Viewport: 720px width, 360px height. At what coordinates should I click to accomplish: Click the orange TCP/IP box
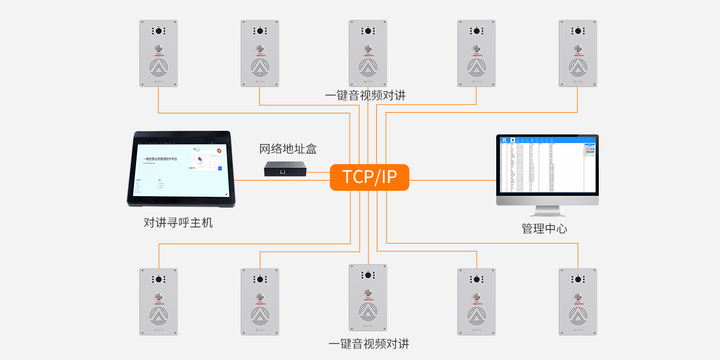pyautogui.click(x=369, y=178)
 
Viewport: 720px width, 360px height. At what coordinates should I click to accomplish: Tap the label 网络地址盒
pyautogui.click(x=287, y=149)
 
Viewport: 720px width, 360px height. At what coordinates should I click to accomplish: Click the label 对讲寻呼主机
pyautogui.click(x=178, y=223)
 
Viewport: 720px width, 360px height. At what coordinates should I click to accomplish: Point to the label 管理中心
pyautogui.click(x=544, y=229)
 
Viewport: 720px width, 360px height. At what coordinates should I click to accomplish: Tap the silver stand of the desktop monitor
pyautogui.click(x=547, y=211)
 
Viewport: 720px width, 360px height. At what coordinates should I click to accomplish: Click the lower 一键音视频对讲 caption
pyautogui.click(x=368, y=344)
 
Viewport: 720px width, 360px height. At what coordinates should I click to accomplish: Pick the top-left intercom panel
pyautogui.click(x=159, y=53)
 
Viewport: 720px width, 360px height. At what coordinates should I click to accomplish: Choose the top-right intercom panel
pyautogui.click(x=578, y=53)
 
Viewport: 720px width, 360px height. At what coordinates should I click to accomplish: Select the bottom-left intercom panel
pyautogui.click(x=159, y=301)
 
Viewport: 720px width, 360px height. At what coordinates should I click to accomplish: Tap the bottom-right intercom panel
pyautogui.click(x=578, y=301)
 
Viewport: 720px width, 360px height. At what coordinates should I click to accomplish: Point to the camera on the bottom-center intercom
pyautogui.click(x=368, y=275)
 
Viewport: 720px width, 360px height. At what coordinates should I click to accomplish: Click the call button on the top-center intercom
pyautogui.click(x=368, y=48)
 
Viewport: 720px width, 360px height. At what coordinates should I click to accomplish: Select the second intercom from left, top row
pyautogui.click(x=260, y=53)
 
